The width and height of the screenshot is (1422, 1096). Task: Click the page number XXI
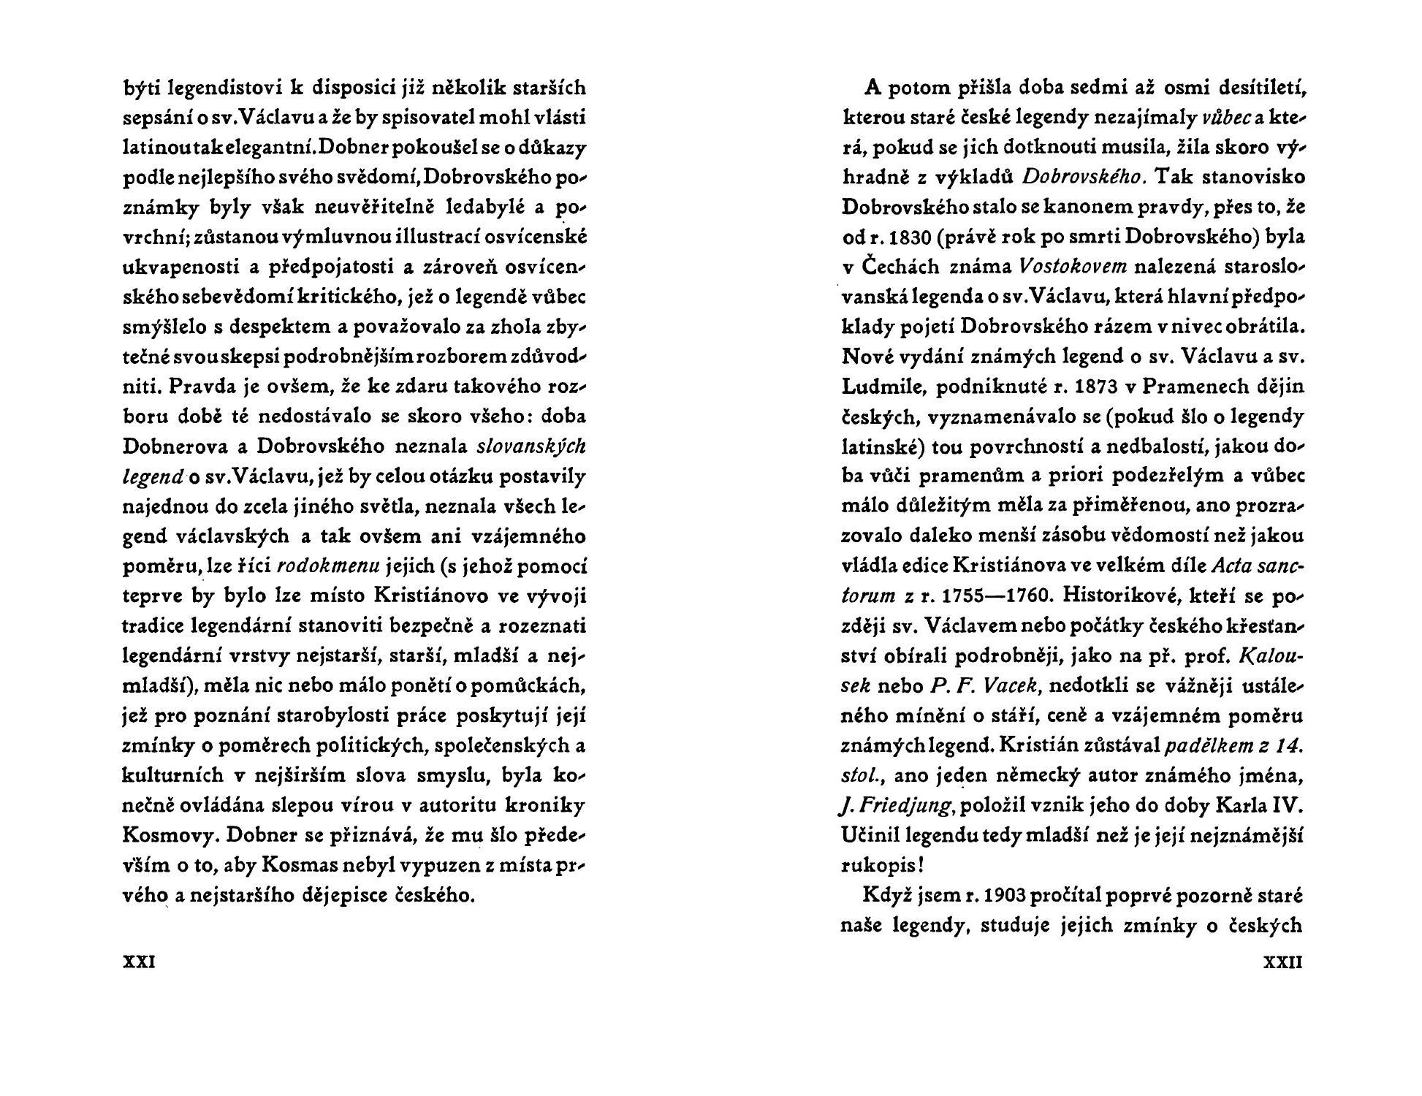click(x=138, y=962)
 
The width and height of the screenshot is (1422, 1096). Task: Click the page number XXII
click(x=1282, y=962)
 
